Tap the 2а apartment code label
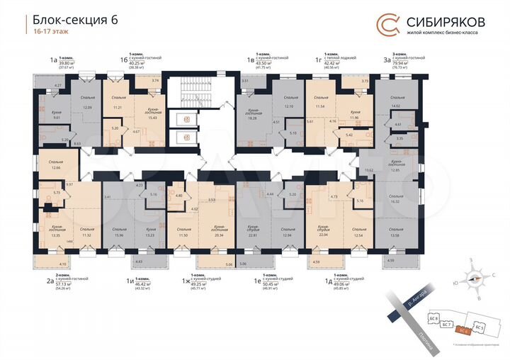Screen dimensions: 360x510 pyautogui.click(x=50, y=281)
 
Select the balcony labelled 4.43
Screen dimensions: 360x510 pyautogui.click(x=137, y=262)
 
